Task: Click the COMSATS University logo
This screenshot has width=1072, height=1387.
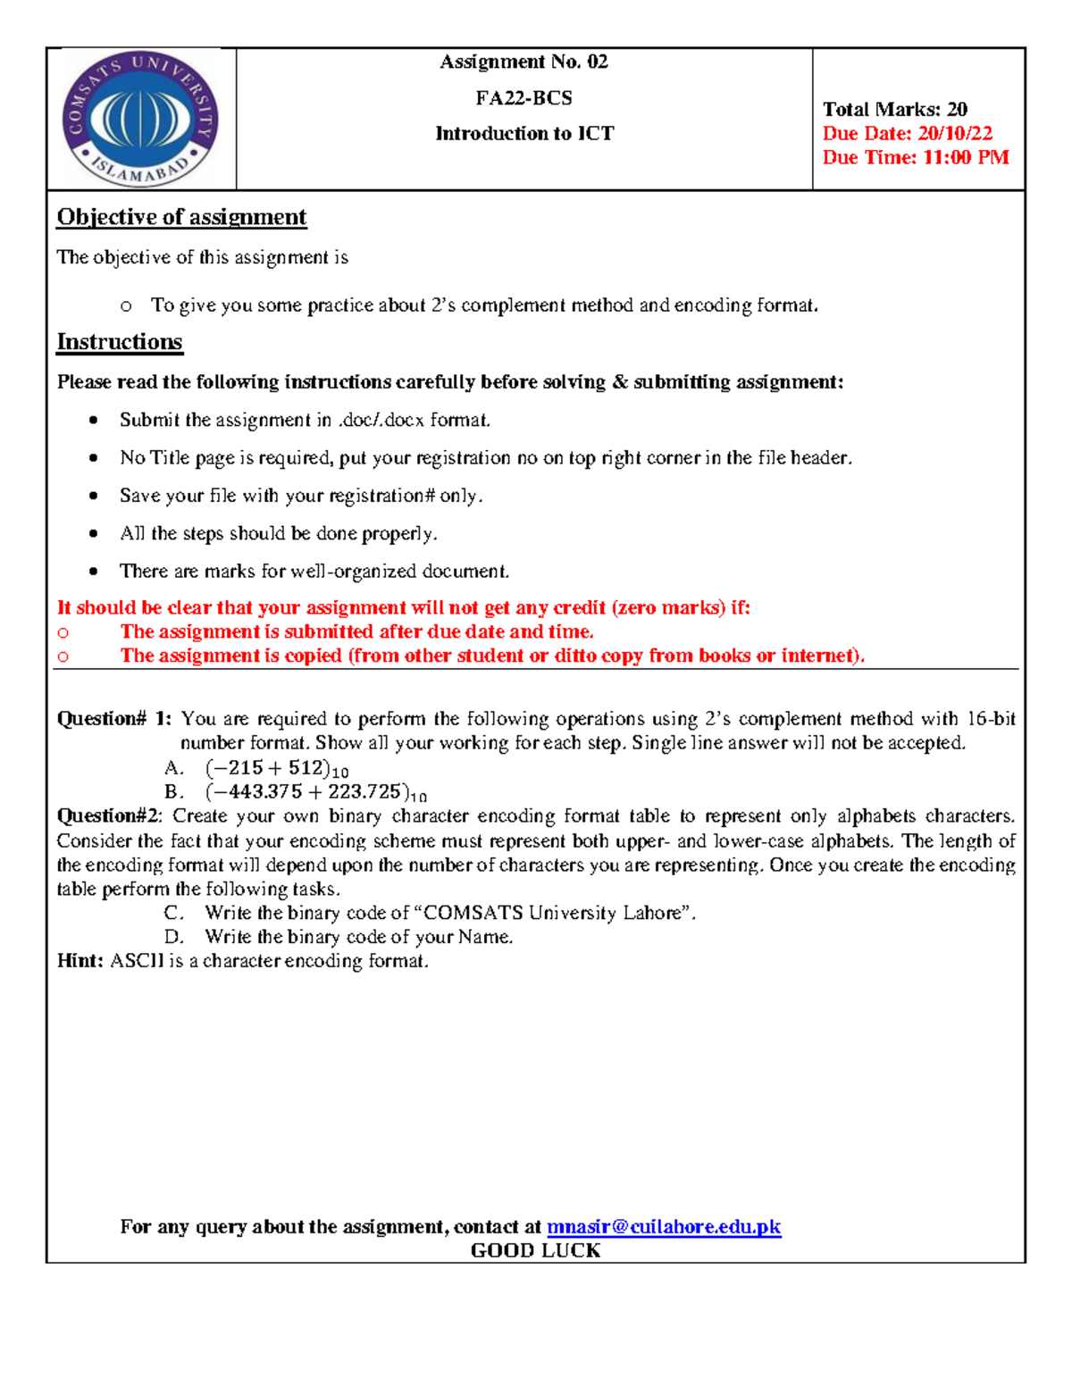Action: click(140, 119)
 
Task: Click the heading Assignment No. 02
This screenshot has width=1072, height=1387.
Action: click(523, 62)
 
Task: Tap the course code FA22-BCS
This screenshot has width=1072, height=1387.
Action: click(523, 97)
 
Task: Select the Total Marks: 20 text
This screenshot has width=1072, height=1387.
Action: click(894, 110)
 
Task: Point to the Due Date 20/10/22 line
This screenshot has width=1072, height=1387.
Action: click(907, 134)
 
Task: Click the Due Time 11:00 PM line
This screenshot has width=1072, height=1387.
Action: click(915, 158)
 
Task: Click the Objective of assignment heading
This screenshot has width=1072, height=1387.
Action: click(181, 217)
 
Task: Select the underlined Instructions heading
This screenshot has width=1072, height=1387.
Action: click(120, 342)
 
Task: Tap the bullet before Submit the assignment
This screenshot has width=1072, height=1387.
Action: click(93, 420)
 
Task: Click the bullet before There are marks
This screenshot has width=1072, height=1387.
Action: click(93, 571)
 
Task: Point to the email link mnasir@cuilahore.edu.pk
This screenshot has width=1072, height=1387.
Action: click(664, 1227)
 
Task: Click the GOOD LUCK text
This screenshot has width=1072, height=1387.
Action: click(535, 1250)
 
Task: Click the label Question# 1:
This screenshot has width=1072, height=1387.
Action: click(113, 719)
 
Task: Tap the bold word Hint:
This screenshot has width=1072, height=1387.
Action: click(80, 961)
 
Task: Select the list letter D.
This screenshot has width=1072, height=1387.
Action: click(174, 937)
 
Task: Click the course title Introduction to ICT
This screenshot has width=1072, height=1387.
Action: click(524, 134)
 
